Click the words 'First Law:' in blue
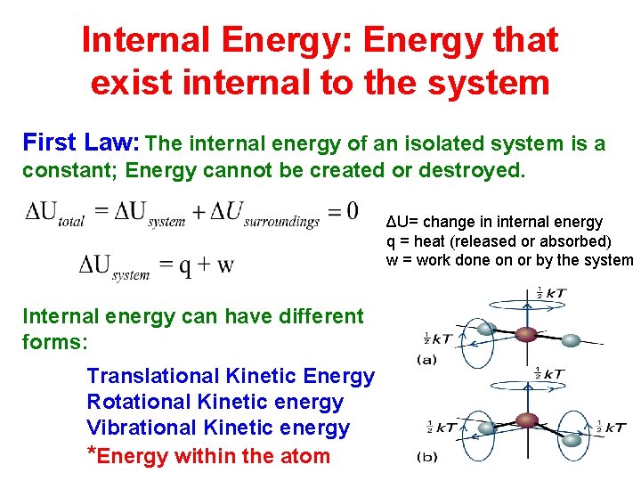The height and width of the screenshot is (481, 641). [x=80, y=143]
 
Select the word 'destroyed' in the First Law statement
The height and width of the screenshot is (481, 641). [x=475, y=169]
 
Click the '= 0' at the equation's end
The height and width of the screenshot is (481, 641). [x=343, y=211]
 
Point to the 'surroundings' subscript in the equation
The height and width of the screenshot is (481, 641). [x=280, y=221]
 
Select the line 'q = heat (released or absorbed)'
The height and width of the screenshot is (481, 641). [x=499, y=240]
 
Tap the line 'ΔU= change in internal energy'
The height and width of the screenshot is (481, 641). [x=494, y=222]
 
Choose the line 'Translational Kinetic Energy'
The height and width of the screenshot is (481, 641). [x=231, y=376]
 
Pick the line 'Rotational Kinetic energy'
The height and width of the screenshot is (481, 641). [x=215, y=402]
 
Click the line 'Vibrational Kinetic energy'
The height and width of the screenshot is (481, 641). [x=218, y=428]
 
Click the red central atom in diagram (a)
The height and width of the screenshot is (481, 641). [x=527, y=334]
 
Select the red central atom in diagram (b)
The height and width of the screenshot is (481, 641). [x=528, y=420]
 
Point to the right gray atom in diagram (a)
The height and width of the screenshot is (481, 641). [x=572, y=340]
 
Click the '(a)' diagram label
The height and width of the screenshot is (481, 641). [x=426, y=359]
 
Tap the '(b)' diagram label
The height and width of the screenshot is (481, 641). [x=426, y=457]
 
